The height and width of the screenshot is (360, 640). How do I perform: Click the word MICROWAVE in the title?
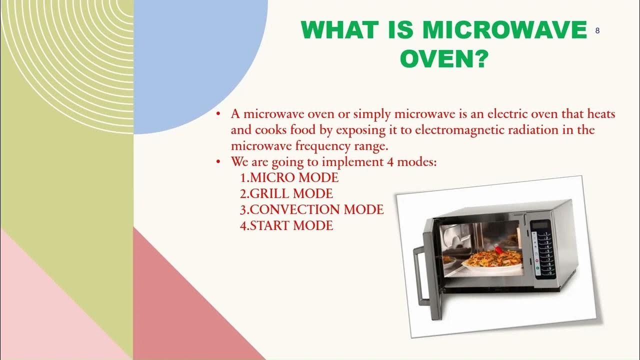coord(504,30)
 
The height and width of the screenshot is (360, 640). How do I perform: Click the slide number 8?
coord(597,31)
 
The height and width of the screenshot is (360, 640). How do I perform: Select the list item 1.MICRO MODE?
coord(289,177)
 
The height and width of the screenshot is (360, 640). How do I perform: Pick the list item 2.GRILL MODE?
coord(286,193)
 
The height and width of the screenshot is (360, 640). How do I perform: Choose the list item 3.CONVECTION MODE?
coord(311,209)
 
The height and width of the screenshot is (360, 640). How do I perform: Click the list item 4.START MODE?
coord(286,225)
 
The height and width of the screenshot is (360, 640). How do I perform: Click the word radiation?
coord(541,130)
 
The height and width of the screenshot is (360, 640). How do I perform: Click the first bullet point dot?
coord(218,114)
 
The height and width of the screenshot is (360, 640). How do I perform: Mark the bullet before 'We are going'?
coord(218,162)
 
